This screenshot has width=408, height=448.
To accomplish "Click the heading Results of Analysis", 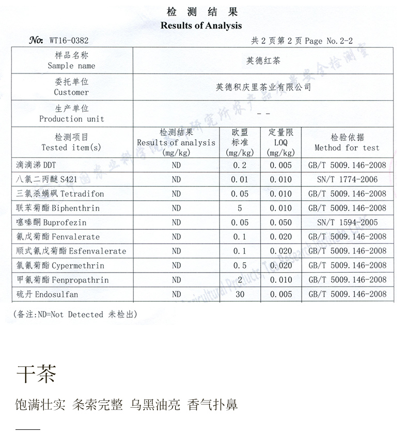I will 201,25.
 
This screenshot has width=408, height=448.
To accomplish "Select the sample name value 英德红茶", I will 263,61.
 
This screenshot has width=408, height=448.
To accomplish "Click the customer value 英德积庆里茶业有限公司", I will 263,87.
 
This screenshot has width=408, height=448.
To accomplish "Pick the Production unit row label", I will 72,113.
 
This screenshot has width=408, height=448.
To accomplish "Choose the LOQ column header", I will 281,142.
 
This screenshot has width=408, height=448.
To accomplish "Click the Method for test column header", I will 347,142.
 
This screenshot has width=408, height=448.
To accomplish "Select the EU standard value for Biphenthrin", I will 240,208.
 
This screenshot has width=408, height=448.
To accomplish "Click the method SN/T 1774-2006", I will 347,180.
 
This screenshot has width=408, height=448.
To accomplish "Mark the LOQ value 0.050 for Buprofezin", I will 281,222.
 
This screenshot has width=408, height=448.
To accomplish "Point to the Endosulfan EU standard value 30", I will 240,294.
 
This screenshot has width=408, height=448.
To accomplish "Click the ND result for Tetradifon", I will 176,194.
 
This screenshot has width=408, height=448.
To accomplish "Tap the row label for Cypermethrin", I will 60,265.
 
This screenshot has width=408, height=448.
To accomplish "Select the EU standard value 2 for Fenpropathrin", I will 240,280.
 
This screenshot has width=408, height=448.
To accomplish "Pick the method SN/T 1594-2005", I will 347,222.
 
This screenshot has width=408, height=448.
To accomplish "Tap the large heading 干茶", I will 36,374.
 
